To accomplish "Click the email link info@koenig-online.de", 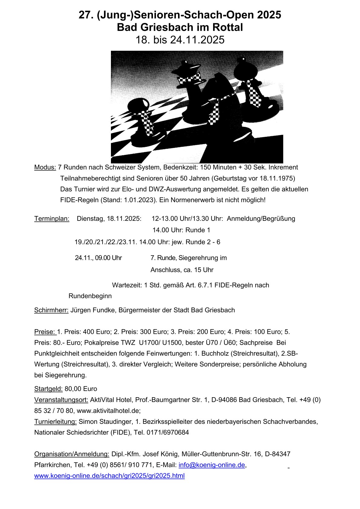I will [212, 465].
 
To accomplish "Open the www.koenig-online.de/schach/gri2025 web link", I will [109, 476].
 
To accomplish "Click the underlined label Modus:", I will [45, 167].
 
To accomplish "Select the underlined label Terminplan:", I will [52, 219].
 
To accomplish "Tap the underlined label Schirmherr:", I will [51, 310].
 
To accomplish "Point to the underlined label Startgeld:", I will [48, 389].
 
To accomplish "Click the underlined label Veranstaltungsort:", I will [61, 400].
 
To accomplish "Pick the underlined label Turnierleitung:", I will [55, 422].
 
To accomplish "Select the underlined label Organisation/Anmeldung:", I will [72, 454].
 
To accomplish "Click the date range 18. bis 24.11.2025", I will [180, 40].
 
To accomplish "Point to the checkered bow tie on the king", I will [190, 78].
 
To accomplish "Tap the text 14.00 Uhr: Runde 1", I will [181, 230].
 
